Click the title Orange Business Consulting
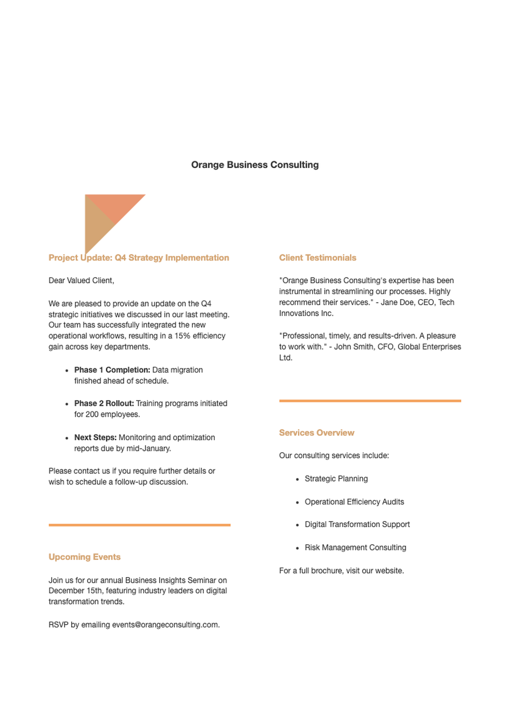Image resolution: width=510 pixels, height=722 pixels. point(255,165)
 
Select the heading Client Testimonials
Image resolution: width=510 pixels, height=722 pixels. point(317,258)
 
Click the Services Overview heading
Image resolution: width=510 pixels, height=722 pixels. point(317,433)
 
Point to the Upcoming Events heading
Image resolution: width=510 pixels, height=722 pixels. point(85,557)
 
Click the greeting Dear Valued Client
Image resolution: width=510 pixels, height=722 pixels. point(81,280)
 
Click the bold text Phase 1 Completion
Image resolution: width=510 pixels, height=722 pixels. point(112,370)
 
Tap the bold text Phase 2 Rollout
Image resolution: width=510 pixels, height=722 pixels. point(104,403)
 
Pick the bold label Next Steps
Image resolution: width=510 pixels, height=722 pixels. point(95,437)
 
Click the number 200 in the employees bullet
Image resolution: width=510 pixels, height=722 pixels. point(92,414)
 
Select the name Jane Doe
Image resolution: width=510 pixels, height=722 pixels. point(397,302)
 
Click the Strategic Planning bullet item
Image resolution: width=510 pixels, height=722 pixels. point(336,479)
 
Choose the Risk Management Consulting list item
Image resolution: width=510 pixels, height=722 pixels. point(355,548)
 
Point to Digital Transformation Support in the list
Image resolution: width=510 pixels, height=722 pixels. point(357,525)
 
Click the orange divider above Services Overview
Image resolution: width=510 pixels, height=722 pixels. point(370,401)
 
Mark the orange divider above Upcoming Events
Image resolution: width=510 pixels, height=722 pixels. point(139,525)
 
